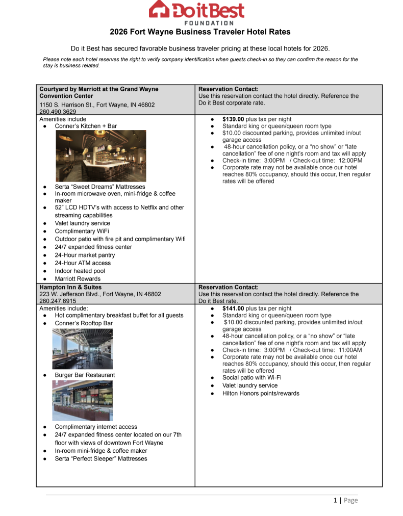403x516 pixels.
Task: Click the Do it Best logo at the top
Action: (x=196, y=12)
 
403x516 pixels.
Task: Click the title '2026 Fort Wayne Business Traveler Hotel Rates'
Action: (x=200, y=32)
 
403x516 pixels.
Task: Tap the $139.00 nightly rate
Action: (x=234, y=119)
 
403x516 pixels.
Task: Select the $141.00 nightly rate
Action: (x=234, y=308)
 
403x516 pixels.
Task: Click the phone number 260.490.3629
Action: (x=58, y=112)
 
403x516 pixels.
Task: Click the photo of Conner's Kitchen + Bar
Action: (x=100, y=156)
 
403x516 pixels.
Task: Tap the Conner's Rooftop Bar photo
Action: (x=82, y=349)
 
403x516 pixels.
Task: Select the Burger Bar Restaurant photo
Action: (x=82, y=400)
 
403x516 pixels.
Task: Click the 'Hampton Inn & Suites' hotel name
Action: (x=70, y=287)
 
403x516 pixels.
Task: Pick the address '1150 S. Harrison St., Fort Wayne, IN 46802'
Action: (x=97, y=105)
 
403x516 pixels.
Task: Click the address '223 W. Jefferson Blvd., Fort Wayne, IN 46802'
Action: (x=100, y=294)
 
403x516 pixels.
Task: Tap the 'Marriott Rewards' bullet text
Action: (x=78, y=279)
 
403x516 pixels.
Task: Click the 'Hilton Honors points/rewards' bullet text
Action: (x=261, y=394)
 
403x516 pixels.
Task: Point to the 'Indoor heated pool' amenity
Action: (x=80, y=271)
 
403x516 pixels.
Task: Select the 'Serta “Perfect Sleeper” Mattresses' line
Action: (x=101, y=458)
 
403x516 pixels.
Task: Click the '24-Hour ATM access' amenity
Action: (x=83, y=263)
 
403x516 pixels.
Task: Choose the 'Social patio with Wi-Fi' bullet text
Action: (x=251, y=378)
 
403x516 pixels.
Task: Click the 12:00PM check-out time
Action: (x=350, y=161)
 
